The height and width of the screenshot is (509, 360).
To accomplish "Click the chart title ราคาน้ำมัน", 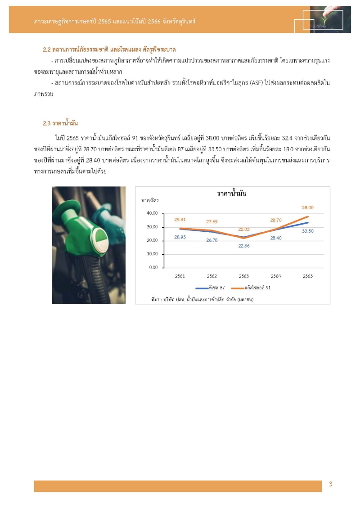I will click(x=232, y=194).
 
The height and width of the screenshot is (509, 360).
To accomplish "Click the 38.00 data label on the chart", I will click(x=307, y=207).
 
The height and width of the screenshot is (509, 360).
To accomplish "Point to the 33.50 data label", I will click(x=307, y=230).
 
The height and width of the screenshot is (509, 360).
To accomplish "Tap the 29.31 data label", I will click(x=180, y=219).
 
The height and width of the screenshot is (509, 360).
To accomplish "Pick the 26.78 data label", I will click(x=212, y=240).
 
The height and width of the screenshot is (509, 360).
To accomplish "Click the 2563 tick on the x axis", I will click(x=244, y=276).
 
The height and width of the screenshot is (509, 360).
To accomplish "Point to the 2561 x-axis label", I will click(x=180, y=276).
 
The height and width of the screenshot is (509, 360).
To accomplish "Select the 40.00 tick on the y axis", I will click(x=153, y=213).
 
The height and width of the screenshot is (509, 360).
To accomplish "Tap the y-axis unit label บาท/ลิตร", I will click(x=150, y=200).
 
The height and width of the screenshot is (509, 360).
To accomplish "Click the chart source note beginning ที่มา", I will click(x=196, y=299).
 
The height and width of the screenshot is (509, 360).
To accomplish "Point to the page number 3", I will click(x=330, y=484).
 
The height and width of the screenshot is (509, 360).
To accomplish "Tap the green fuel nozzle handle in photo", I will click(x=85, y=225).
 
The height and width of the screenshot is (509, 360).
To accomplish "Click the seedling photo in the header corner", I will click(x=330, y=19).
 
